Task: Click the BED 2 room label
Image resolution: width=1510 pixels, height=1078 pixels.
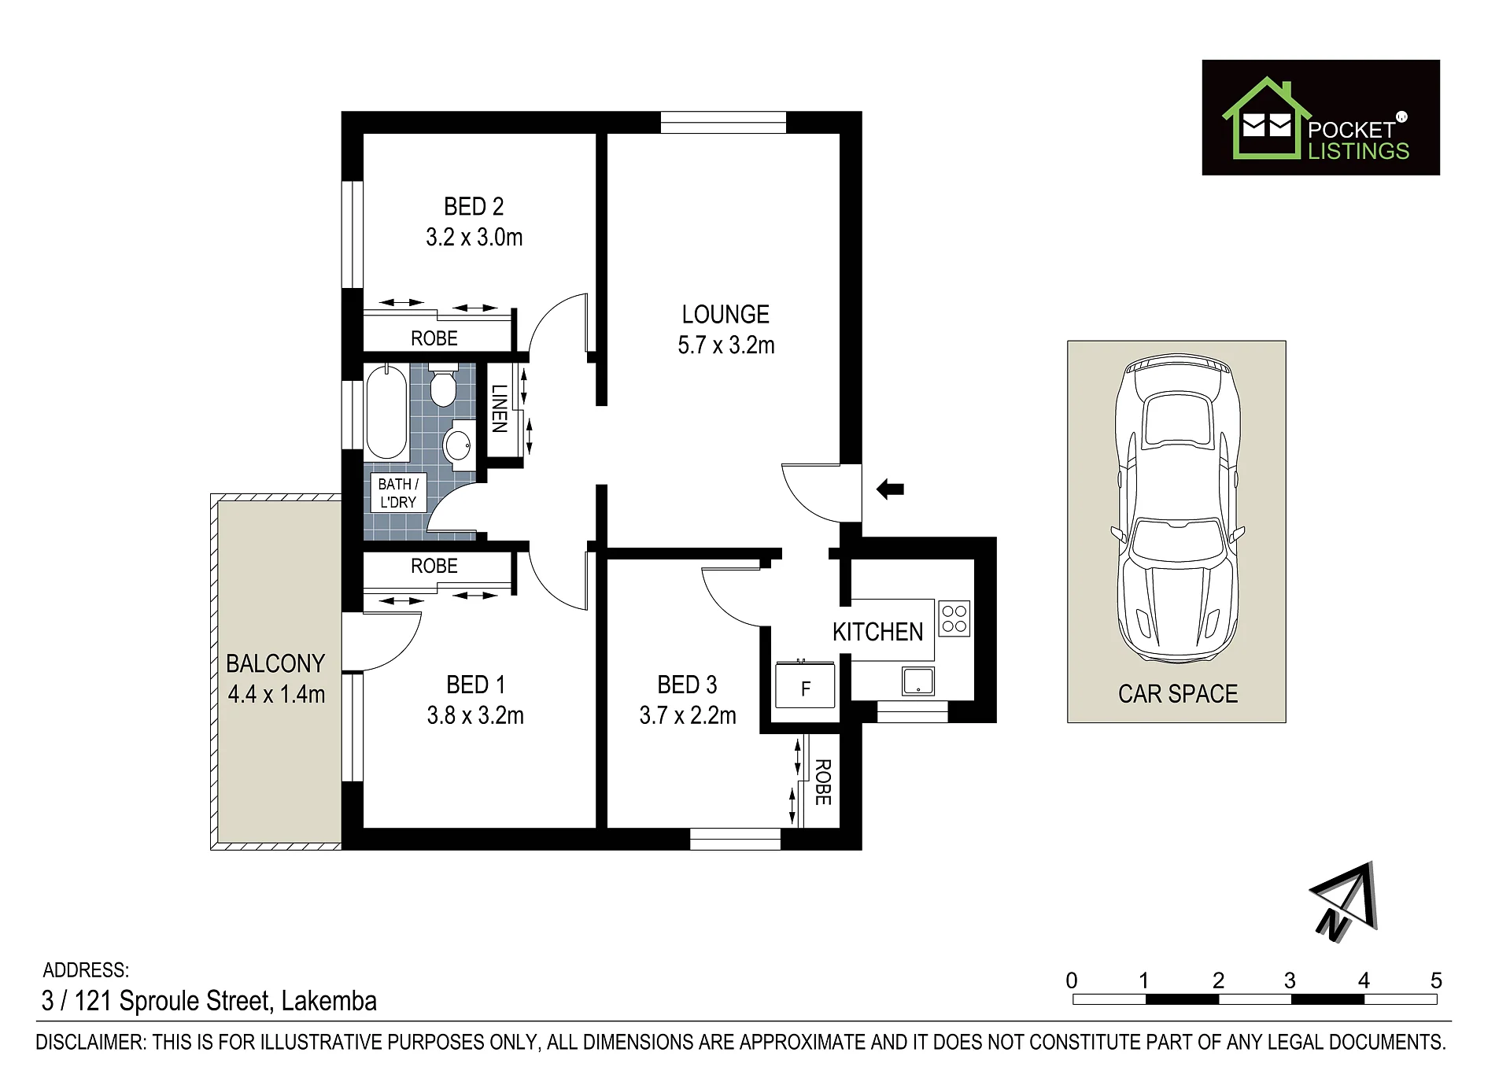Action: (x=474, y=207)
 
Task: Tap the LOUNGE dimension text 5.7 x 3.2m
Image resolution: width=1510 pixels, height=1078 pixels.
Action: (x=726, y=345)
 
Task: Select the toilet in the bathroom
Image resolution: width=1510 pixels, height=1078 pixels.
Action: (x=444, y=385)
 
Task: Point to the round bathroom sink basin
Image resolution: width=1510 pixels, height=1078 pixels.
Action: (x=458, y=445)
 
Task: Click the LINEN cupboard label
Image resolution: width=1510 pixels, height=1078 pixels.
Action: (x=499, y=408)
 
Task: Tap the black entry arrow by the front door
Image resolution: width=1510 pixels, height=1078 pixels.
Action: (x=890, y=489)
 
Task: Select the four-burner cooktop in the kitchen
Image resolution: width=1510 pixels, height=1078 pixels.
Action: (x=954, y=618)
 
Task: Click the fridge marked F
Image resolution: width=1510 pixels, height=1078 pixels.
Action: (x=805, y=685)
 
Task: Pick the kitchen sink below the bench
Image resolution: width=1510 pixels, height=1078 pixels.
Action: (x=918, y=681)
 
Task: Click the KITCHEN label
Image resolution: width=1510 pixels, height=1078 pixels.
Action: (x=877, y=632)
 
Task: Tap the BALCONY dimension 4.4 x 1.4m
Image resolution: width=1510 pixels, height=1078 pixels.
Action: (x=276, y=695)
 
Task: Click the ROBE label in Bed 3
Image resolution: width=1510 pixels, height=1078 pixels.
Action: (x=823, y=782)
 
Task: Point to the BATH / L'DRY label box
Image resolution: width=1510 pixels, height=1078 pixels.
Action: (x=398, y=493)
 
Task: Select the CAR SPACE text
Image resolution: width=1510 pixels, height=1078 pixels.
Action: (x=1178, y=694)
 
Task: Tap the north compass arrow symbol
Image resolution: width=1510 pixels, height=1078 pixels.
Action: (x=1345, y=902)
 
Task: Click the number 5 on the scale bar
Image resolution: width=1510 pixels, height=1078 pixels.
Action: (x=1436, y=980)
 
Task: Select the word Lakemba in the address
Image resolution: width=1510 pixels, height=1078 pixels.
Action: (x=329, y=1001)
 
